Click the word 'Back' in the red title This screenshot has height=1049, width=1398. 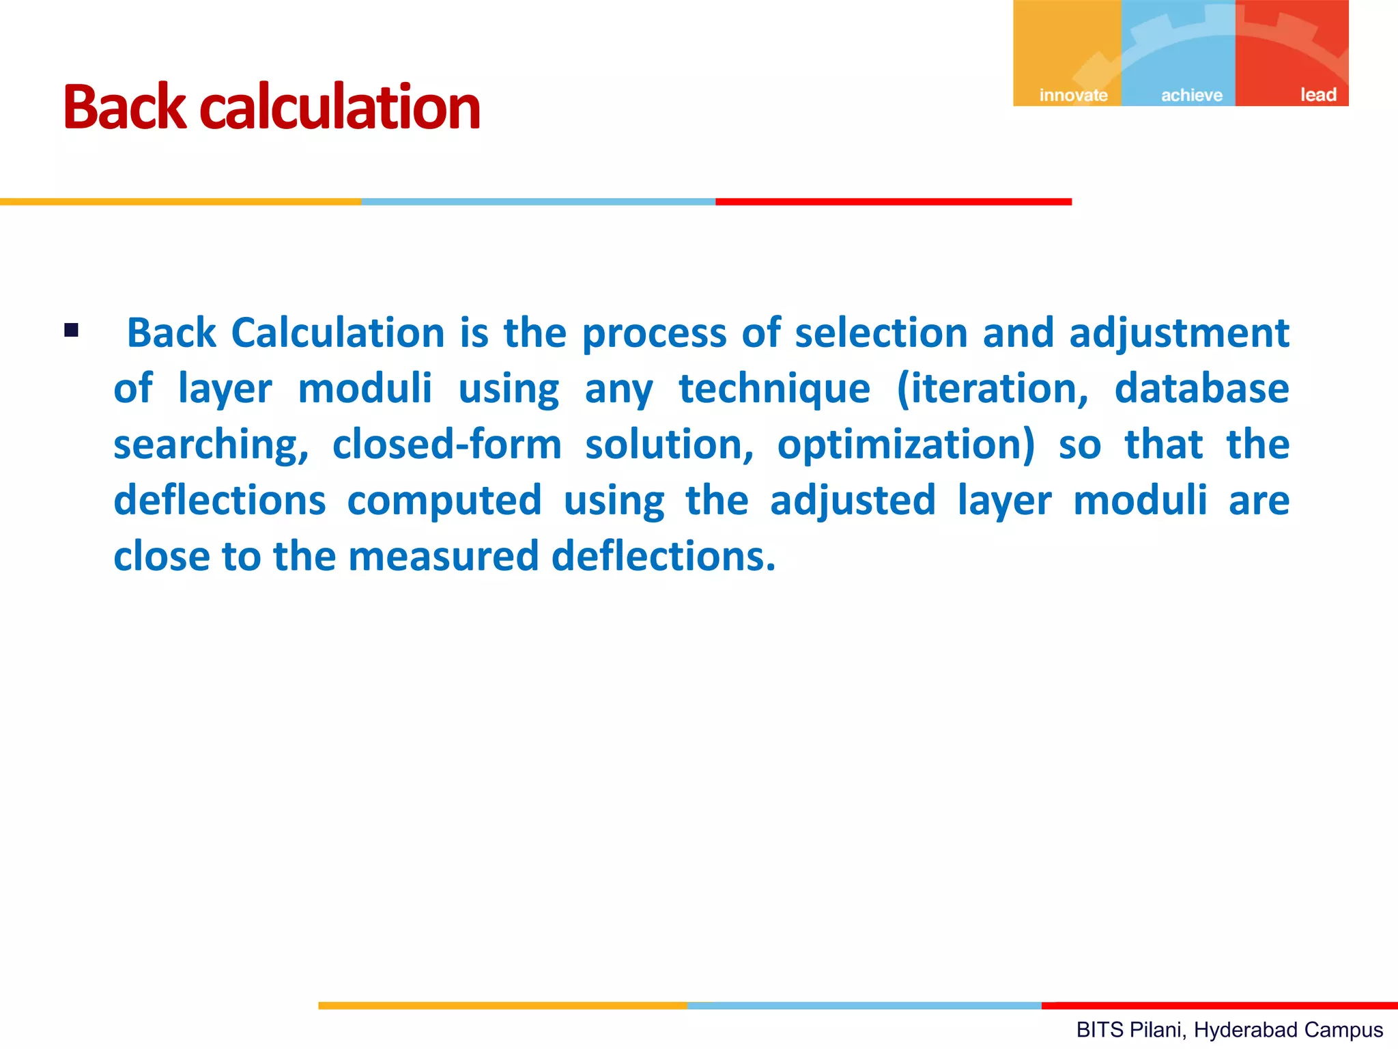[x=124, y=107]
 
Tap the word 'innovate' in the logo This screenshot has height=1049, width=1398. [x=1073, y=95]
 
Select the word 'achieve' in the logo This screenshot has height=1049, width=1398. [x=1192, y=95]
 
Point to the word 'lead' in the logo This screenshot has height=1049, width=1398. [x=1317, y=95]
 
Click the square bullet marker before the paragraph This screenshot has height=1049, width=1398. [x=72, y=331]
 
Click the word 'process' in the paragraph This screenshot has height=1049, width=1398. [x=654, y=334]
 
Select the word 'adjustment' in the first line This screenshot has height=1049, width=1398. [x=1179, y=334]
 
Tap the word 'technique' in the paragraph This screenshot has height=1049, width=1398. [x=774, y=389]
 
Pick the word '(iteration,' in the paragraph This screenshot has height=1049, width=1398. [x=993, y=389]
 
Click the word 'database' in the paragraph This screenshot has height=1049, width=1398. [x=1201, y=389]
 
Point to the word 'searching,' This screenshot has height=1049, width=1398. [x=211, y=445]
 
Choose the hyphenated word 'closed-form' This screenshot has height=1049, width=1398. [x=447, y=445]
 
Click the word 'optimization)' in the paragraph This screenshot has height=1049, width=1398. [x=906, y=445]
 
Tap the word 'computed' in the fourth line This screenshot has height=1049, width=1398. [x=444, y=501]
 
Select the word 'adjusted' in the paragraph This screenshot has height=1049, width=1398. [x=853, y=501]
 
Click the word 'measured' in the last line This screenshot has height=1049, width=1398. [x=444, y=556]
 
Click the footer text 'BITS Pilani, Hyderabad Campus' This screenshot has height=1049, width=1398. [x=1229, y=1029]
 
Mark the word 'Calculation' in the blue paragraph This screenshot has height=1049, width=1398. [x=338, y=333]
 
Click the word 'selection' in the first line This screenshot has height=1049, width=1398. [x=881, y=333]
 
